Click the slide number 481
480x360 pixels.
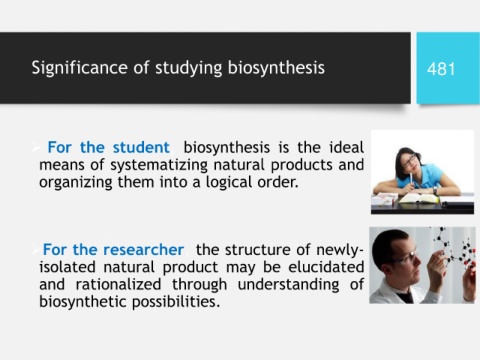(441, 69)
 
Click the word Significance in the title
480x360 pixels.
(79, 68)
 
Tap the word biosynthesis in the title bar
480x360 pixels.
(276, 68)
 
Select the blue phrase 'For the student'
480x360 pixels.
(108, 147)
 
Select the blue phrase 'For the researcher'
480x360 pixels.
(113, 250)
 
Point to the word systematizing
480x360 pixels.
(159, 165)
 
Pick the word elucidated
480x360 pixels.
(326, 267)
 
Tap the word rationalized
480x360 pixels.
(118, 284)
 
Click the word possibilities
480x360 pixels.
(176, 302)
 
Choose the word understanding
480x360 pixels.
(288, 285)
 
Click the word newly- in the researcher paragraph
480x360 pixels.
(340, 250)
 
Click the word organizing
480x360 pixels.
(76, 183)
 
